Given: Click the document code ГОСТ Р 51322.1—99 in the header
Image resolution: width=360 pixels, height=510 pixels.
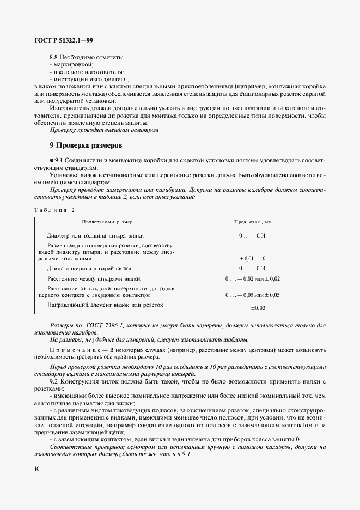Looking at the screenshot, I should pyautogui.click(x=63, y=40).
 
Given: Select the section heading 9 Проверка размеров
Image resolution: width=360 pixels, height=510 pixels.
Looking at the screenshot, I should pyautogui.click(x=86, y=146).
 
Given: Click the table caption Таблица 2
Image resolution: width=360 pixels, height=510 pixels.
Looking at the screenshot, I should pyautogui.click(x=54, y=210).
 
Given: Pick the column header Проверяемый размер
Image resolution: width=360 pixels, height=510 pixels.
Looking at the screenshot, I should pyautogui.click(x=107, y=222).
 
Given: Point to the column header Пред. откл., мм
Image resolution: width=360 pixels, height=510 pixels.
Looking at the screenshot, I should pyautogui.click(x=253, y=222).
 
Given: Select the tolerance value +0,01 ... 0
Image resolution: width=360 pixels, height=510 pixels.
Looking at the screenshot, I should pyautogui.click(x=253, y=258).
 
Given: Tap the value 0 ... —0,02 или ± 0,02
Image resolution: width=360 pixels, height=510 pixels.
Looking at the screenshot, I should pyautogui.click(x=253, y=278).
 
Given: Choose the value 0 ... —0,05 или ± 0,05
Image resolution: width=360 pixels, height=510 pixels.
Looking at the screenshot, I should pyautogui.click(x=253, y=295).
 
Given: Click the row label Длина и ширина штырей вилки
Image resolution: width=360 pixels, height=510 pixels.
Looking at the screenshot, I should pyautogui.click(x=89, y=269).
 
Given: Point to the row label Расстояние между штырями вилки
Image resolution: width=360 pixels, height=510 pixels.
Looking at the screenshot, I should pyautogui.click(x=95, y=278).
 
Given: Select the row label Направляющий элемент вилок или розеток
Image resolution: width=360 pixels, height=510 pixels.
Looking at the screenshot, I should pyautogui.click(x=106, y=305).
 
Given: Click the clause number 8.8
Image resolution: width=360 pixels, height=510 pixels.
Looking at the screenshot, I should pyautogui.click(x=54, y=57).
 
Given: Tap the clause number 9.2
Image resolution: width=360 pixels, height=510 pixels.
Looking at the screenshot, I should pyautogui.click(x=54, y=381).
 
